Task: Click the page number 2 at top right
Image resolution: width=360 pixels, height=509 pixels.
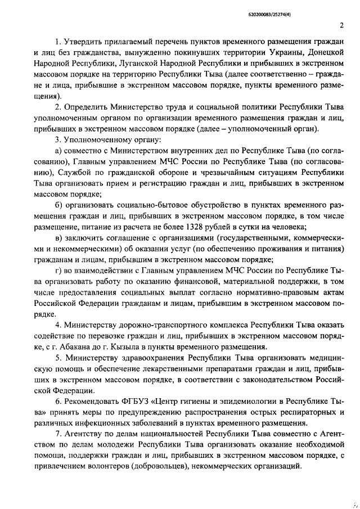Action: [x=341, y=25]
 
